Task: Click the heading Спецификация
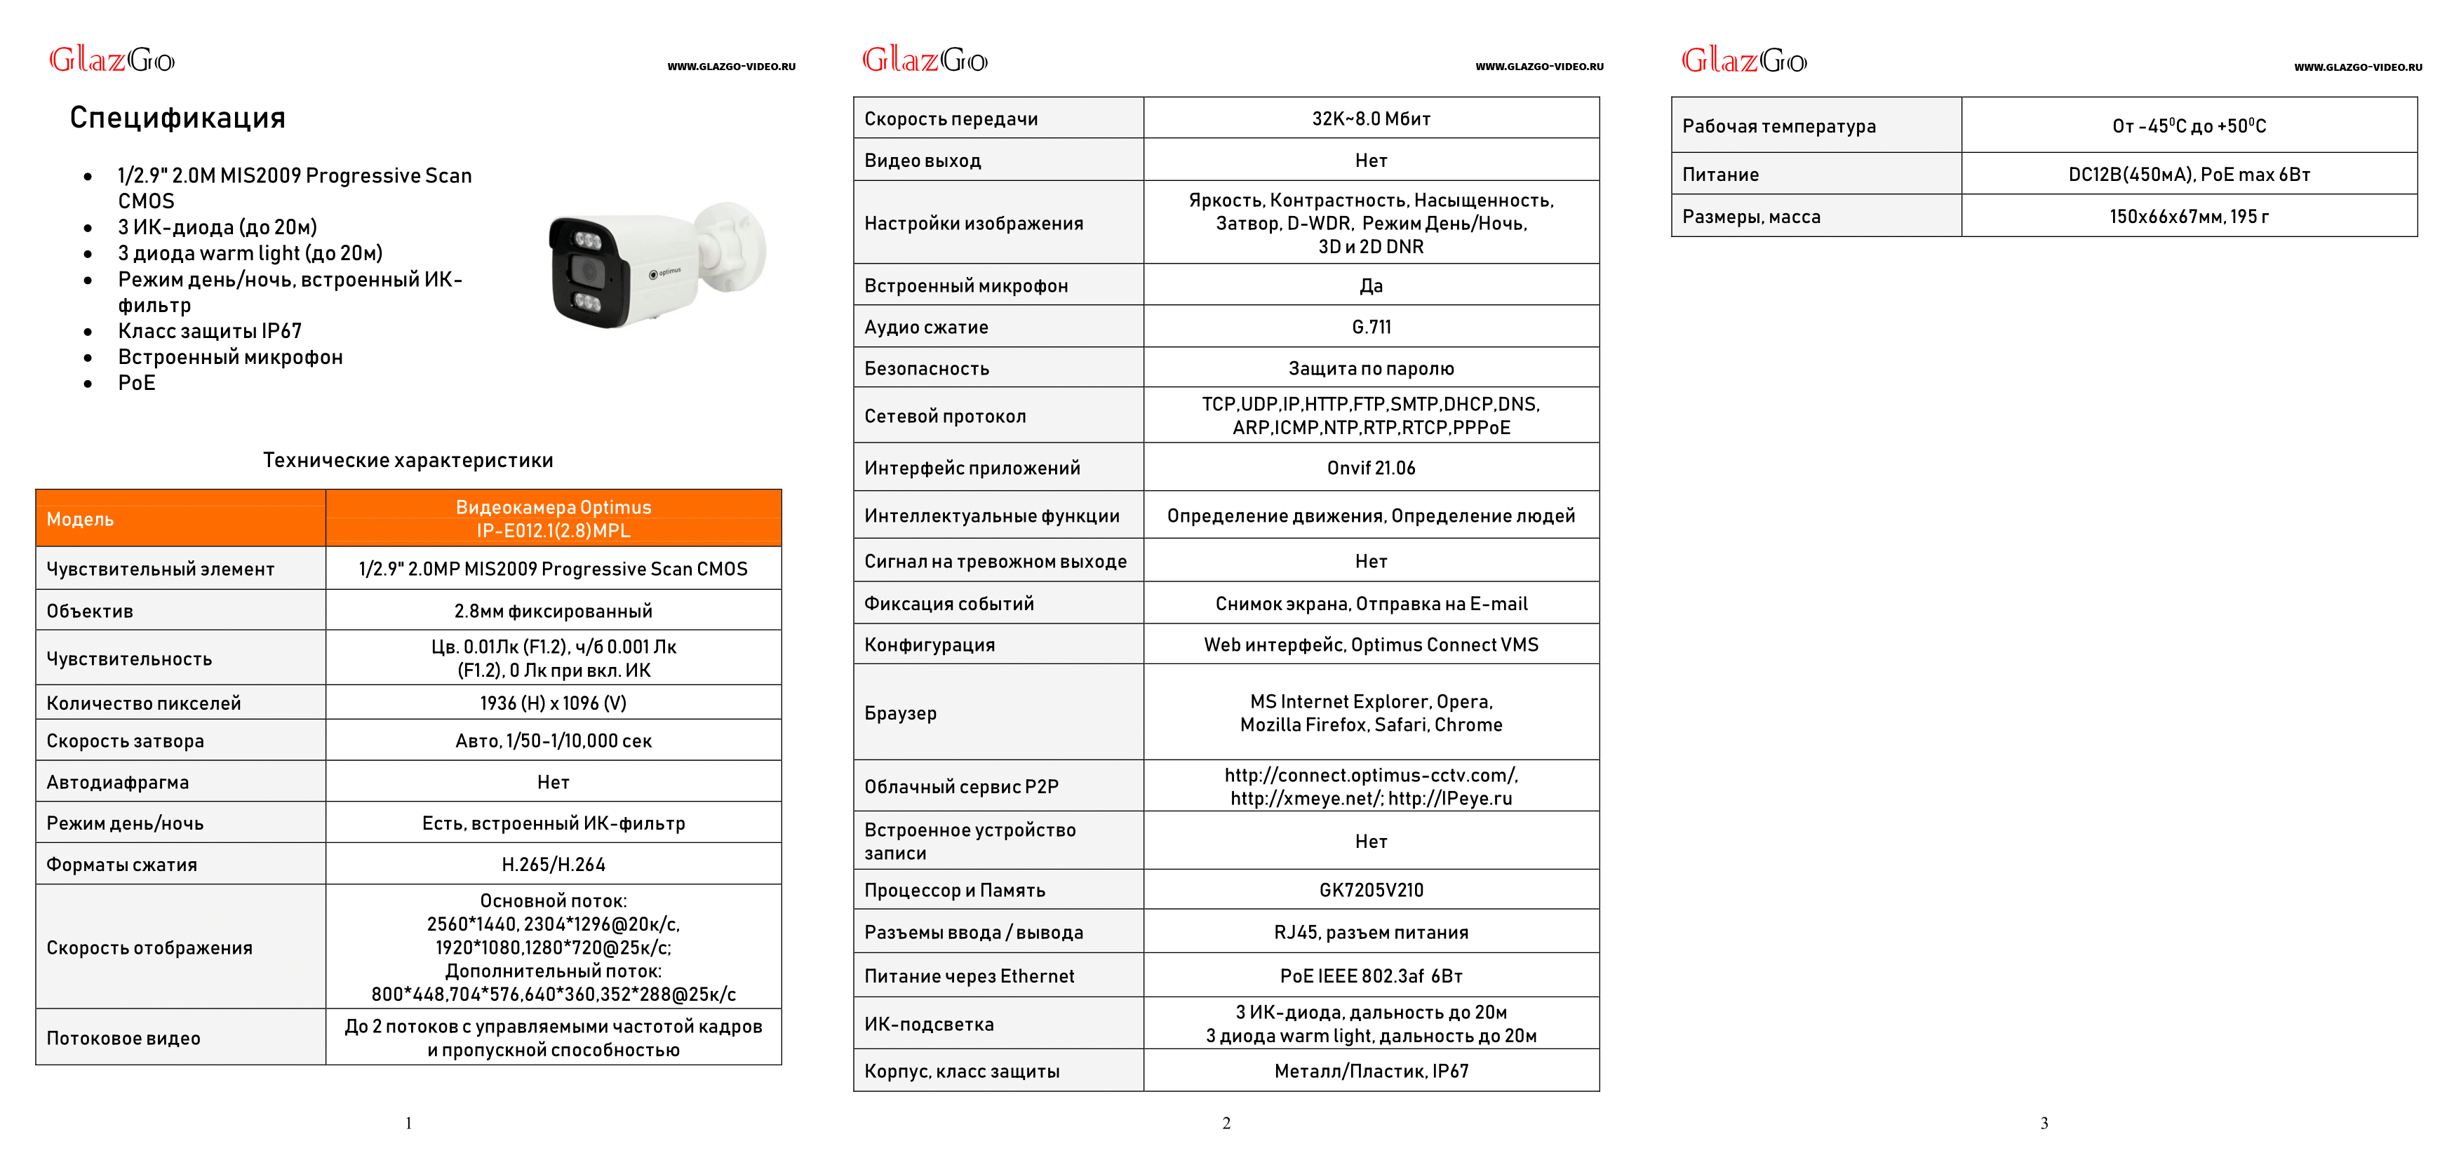(177, 118)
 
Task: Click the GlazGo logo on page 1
(112, 60)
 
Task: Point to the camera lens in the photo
(586, 271)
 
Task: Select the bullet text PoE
(136, 383)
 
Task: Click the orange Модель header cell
(180, 519)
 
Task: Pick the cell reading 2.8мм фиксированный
(553, 610)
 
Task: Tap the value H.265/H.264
(553, 865)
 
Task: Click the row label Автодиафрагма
(118, 782)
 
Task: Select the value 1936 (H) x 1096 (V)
(553, 703)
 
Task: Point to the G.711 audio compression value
(1371, 327)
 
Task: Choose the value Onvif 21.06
(1370, 468)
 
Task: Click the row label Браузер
(900, 713)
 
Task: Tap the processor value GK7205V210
(1370, 889)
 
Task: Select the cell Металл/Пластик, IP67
(1370, 1070)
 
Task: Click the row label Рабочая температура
(1778, 126)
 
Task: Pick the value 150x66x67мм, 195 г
(2188, 216)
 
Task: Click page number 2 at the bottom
(1226, 1123)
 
